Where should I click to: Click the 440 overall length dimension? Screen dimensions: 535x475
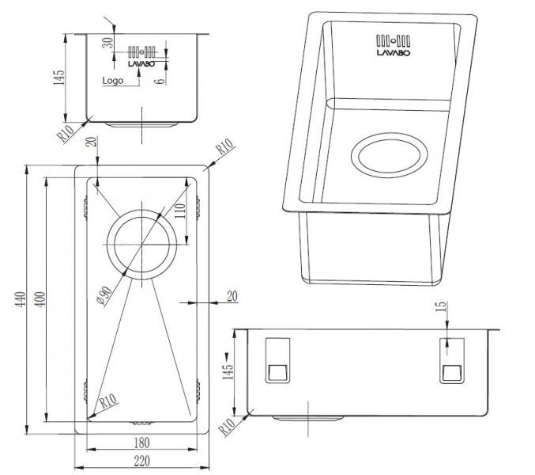pos(21,299)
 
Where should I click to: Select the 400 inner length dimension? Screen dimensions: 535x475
pos(40,299)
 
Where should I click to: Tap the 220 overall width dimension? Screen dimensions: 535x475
pos(141,461)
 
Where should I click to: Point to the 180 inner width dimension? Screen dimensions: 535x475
pos(141,443)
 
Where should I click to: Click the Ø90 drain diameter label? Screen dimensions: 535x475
pos(104,296)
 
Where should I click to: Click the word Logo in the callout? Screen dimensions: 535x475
pos(112,80)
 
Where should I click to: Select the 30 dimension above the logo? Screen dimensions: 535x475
pos(107,43)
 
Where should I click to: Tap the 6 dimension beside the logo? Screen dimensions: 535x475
pos(160,81)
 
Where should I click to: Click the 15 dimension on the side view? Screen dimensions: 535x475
pos(441,306)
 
